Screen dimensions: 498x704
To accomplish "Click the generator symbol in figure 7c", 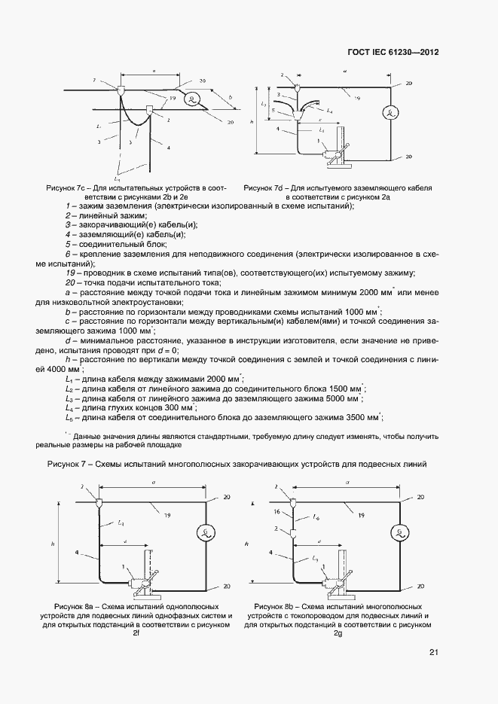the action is click(194, 99).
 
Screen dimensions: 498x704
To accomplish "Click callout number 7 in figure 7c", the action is click(95, 79).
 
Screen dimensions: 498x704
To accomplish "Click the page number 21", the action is click(433, 652).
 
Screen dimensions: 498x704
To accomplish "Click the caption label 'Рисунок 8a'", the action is click(77, 606).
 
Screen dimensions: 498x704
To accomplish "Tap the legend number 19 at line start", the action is click(71, 272).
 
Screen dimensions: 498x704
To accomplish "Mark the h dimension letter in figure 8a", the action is click(53, 540).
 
